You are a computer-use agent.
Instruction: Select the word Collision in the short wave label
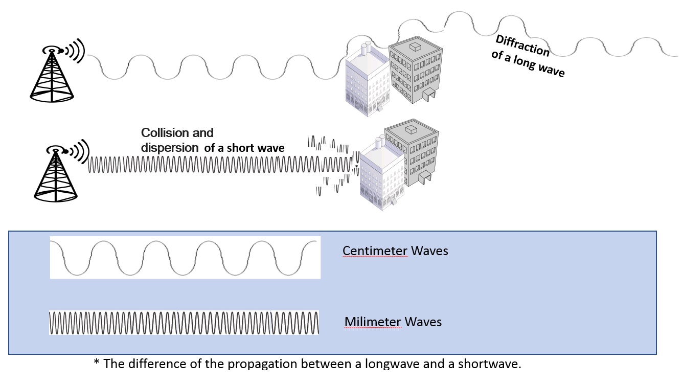click(x=165, y=133)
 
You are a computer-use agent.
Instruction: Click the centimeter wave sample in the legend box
click(x=185, y=258)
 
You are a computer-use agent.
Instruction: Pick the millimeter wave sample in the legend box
click(x=184, y=322)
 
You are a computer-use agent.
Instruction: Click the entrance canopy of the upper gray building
click(x=428, y=93)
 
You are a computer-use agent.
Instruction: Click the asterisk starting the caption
click(x=96, y=364)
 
